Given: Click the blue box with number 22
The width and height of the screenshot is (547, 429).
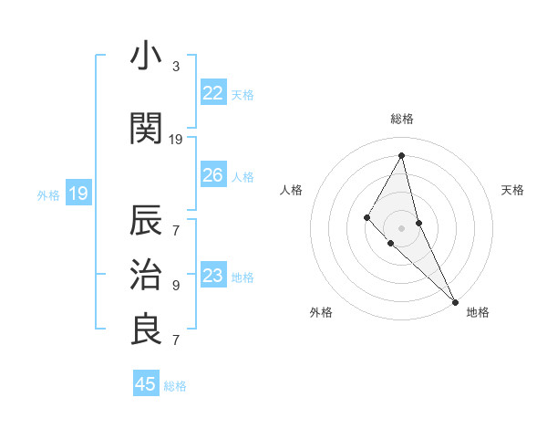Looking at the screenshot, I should click(213, 93).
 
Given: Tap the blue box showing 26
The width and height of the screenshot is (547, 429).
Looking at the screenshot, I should click(213, 175).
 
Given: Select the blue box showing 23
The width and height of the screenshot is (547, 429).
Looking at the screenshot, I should click(213, 276).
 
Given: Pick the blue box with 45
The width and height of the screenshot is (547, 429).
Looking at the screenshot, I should click(146, 384).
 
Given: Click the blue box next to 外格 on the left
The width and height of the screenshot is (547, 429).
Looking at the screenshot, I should click(77, 194).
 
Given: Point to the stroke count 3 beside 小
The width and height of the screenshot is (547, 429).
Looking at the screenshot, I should click(176, 67).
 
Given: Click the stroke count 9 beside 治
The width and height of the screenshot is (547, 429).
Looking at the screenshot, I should click(176, 285).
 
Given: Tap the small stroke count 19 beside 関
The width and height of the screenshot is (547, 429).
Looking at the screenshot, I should click(176, 139).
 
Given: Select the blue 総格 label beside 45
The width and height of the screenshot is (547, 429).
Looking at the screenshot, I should click(175, 386).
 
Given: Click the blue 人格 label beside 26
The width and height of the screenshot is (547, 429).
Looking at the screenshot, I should click(243, 176).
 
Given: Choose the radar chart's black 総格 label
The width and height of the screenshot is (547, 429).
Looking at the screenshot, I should click(402, 119).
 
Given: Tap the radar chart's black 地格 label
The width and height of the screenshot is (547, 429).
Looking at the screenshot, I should click(478, 312).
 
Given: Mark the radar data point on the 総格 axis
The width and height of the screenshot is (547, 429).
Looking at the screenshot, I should click(402, 155).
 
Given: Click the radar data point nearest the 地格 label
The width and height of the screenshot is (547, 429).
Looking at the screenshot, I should click(454, 300).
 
